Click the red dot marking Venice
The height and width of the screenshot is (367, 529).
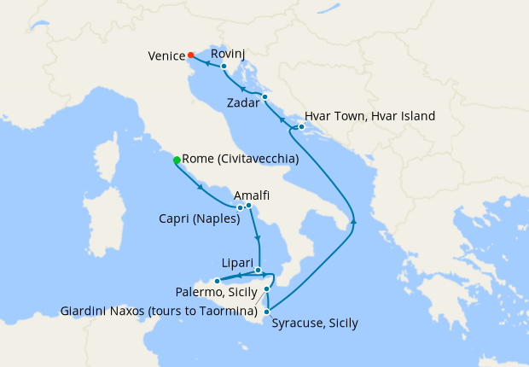(190, 55)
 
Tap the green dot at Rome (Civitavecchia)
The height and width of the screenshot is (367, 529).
(177, 160)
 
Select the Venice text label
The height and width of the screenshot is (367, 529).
(166, 56)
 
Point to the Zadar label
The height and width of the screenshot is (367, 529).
(245, 103)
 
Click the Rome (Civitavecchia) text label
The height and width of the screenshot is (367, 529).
(241, 159)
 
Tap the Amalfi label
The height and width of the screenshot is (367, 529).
(252, 195)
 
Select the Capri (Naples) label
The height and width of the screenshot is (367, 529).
(198, 218)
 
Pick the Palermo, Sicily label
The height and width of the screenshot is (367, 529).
(217, 293)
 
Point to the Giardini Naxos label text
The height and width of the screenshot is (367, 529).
(159, 310)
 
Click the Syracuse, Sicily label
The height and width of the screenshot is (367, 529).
(314, 323)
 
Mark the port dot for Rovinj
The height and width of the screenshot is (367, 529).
(224, 66)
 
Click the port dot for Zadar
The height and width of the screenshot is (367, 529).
(265, 96)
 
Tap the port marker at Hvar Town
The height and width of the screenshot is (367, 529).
(301, 127)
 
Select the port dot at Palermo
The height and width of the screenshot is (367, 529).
(217, 281)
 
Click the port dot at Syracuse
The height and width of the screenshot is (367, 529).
(267, 312)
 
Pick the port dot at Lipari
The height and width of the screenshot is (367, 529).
(258, 271)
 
